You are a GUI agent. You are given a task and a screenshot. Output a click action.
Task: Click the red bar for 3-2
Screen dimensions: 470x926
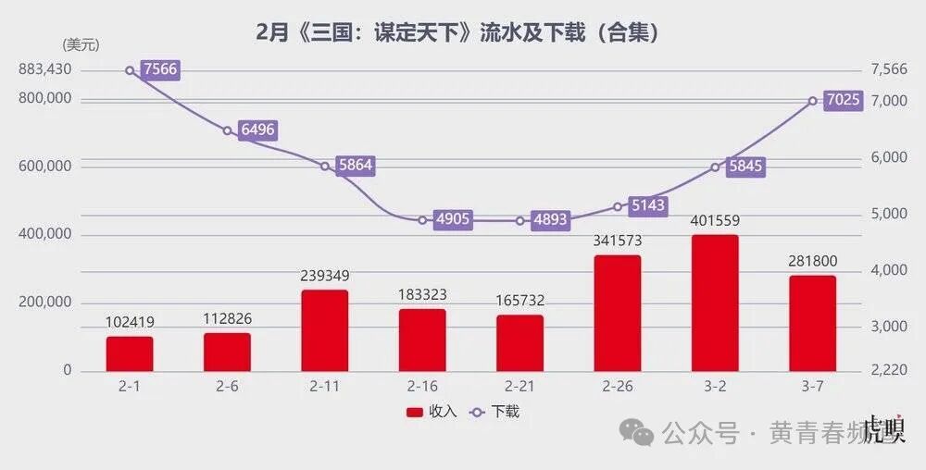click(x=715, y=303)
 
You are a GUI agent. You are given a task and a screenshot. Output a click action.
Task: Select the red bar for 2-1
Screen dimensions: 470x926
click(x=130, y=354)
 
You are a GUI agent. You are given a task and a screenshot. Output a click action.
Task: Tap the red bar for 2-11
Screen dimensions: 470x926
click(x=325, y=331)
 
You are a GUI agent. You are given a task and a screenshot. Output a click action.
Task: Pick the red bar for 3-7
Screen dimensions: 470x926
click(x=812, y=324)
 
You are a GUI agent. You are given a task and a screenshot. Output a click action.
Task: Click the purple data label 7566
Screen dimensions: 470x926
click(x=159, y=70)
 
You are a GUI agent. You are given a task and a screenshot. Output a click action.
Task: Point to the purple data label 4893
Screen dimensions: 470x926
click(x=550, y=220)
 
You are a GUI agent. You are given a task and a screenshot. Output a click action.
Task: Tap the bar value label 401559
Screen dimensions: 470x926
click(x=715, y=221)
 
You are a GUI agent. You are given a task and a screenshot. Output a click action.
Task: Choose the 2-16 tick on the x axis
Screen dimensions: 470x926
click(x=422, y=386)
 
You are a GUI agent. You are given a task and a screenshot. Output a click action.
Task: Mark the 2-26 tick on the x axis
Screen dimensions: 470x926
click(x=618, y=386)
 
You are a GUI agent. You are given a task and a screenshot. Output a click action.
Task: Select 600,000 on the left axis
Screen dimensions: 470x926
click(x=44, y=167)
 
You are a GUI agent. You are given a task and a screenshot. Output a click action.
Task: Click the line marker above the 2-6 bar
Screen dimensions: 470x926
click(x=228, y=130)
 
